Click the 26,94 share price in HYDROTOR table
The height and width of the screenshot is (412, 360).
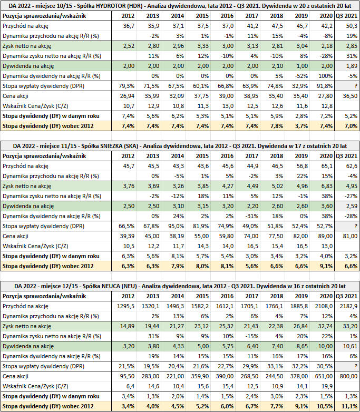click(127, 96)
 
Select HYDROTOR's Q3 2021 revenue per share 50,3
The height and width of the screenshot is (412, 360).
click(352, 26)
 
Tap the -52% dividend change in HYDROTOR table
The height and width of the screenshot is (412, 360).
click(301, 76)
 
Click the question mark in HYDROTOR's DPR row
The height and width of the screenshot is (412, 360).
click(356, 86)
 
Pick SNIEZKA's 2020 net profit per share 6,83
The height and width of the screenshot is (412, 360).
click(326, 186)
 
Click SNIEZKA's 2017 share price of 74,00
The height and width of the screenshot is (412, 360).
click(251, 236)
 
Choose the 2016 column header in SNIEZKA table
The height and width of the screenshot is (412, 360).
click(227, 156)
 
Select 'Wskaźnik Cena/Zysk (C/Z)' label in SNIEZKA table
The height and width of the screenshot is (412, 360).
click(35, 246)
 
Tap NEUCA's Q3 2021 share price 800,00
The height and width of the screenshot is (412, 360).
click(348, 376)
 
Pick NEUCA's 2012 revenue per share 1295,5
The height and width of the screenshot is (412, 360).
click(125, 306)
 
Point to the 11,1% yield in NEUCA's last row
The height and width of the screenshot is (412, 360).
click(351, 406)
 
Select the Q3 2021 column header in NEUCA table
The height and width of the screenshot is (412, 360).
click(347, 296)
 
